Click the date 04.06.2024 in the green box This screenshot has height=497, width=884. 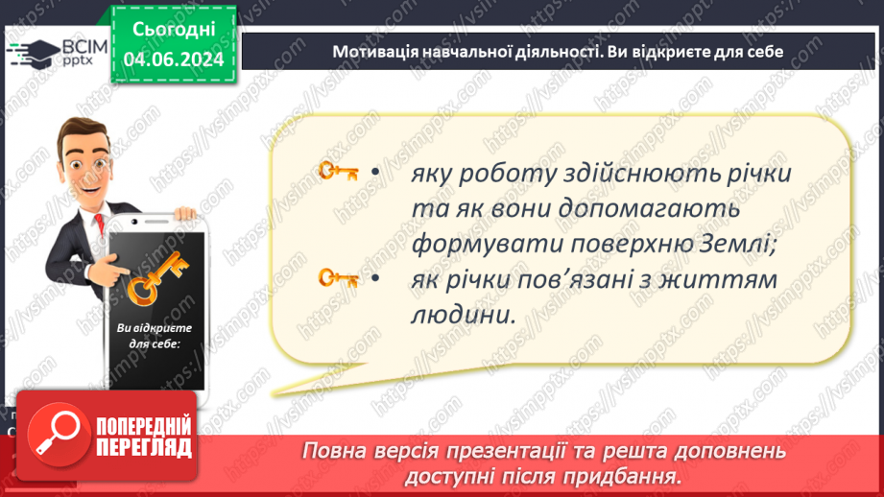[x=174, y=59]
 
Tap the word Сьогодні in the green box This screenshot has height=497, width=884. [x=174, y=30]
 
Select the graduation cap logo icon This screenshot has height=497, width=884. [x=34, y=53]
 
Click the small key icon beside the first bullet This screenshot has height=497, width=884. [x=338, y=171]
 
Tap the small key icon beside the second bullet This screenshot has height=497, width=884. [x=338, y=278]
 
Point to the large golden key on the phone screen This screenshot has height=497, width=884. [x=156, y=278]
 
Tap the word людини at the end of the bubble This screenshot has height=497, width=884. [x=463, y=315]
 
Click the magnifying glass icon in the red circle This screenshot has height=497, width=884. [x=58, y=434]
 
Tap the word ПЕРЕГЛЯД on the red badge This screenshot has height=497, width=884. [x=144, y=449]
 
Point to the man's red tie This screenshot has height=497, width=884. [x=100, y=224]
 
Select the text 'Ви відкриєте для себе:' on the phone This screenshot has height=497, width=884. [x=155, y=335]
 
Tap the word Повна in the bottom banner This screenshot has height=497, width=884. [x=332, y=451]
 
